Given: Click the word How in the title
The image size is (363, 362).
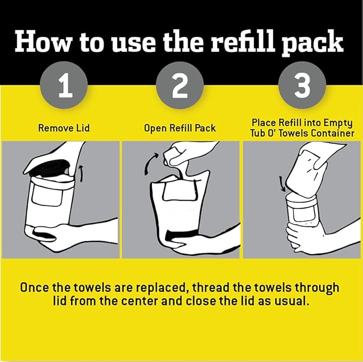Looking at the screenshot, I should pyautogui.click(x=42, y=42).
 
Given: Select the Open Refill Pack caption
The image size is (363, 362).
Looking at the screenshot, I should pyautogui.click(x=180, y=128).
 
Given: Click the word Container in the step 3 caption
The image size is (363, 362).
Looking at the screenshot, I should pyautogui.click(x=331, y=133).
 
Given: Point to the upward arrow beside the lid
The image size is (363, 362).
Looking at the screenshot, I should pyautogui.click(x=81, y=174).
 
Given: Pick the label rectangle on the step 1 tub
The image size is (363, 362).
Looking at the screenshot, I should pyautogui.click(x=45, y=198).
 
